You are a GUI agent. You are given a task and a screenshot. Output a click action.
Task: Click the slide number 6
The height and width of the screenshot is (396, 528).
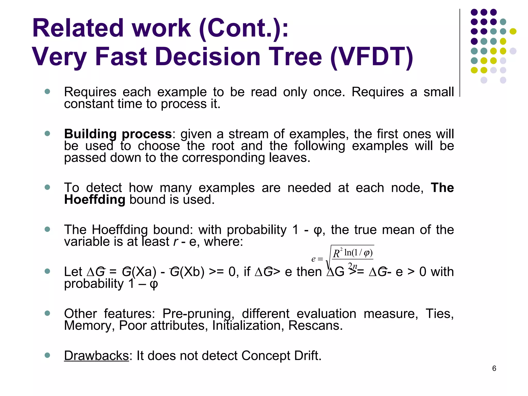tap(494, 368)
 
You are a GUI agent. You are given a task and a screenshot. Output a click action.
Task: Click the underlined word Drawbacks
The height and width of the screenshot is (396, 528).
tap(96, 356)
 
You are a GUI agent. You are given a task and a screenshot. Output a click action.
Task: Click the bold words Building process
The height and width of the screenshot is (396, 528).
tap(118, 134)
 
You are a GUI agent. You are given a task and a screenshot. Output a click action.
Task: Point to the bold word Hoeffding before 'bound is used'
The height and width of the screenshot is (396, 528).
tap(95, 200)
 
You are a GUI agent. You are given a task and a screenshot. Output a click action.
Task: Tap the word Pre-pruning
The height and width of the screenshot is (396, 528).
tap(198, 314)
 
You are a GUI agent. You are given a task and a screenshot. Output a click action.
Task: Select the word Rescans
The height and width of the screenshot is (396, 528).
tap(315, 325)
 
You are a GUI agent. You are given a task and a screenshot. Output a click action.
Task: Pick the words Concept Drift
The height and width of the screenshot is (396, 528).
tap(281, 356)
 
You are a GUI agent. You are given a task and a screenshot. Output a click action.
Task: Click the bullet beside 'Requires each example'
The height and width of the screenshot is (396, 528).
tap(47, 92)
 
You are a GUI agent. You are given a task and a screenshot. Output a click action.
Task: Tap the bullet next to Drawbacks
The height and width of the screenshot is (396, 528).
tap(47, 355)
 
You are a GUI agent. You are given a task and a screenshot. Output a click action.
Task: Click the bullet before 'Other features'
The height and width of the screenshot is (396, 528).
tap(47, 313)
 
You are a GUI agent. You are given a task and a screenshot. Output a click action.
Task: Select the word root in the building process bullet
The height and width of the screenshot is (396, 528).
tap(223, 146)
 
